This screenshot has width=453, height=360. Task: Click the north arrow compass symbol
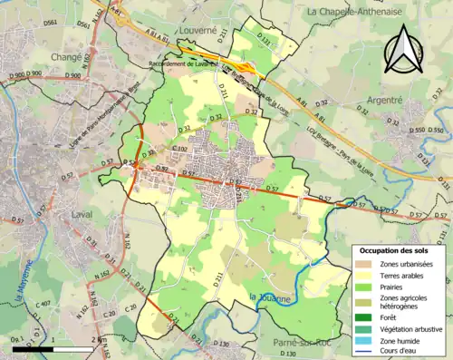(x=404, y=49)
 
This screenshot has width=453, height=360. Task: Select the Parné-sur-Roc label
(x=301, y=342)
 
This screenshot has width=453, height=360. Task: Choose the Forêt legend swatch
(x=363, y=316)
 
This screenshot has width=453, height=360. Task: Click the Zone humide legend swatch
(x=363, y=339)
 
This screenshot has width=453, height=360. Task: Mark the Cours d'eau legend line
(x=363, y=350)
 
